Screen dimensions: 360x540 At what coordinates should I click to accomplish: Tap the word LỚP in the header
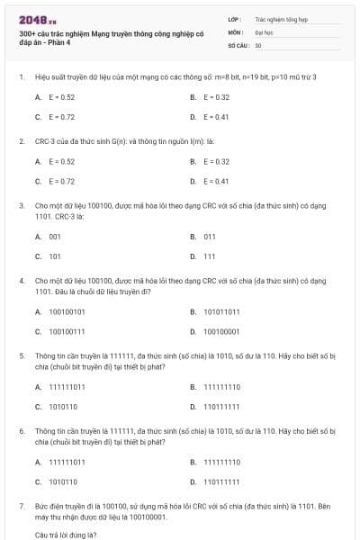point(234,18)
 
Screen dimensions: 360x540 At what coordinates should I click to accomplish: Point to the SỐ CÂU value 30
point(258,44)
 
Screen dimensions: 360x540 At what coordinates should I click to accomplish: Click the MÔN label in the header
point(235,31)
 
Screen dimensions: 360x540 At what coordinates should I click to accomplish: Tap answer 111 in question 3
point(209,256)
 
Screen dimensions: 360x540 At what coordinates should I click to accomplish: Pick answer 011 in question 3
point(209,237)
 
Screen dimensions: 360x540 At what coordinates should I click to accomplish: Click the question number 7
point(21,507)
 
